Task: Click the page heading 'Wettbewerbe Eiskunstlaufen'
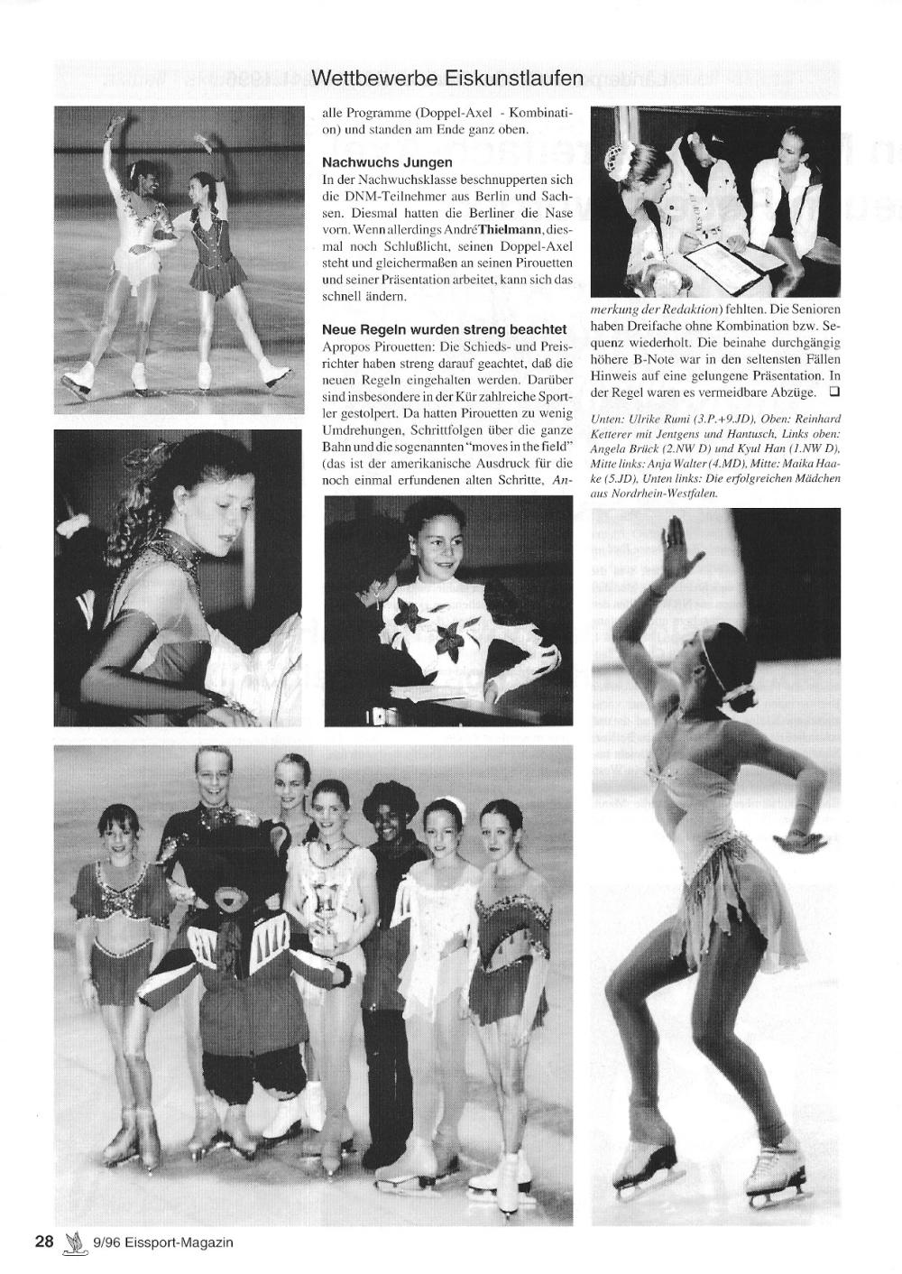[x=447, y=78]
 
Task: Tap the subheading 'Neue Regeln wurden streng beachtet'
[x=445, y=329]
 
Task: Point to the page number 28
[x=44, y=1242]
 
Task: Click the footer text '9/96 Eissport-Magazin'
[x=162, y=1242]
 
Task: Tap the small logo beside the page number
[x=73, y=1242]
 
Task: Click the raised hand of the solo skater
[x=678, y=556]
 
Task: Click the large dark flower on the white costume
[x=448, y=640]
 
